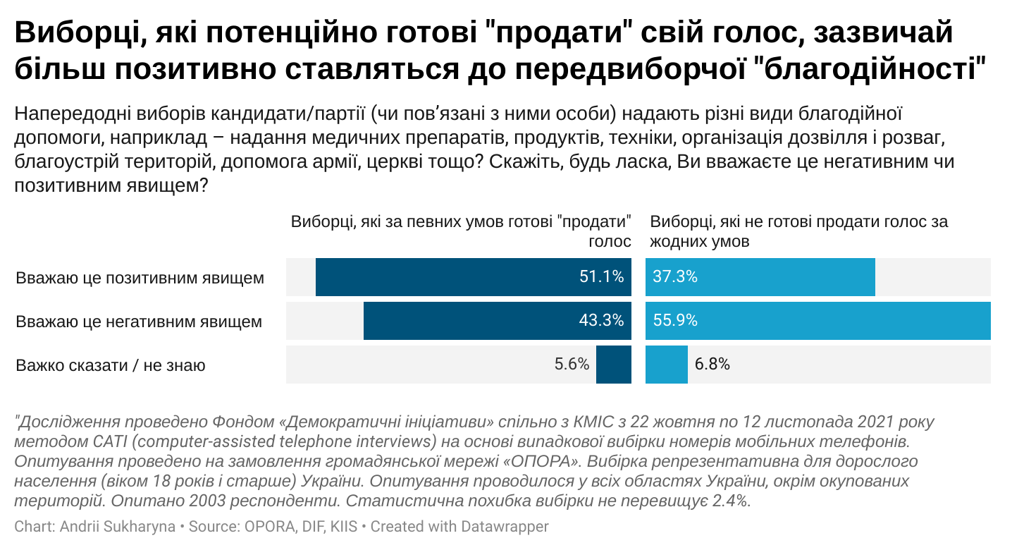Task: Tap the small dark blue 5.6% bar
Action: (x=613, y=365)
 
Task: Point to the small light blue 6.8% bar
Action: (x=667, y=365)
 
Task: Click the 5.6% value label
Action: (x=572, y=365)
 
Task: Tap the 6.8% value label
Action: (x=712, y=365)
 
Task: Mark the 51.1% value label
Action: (x=601, y=277)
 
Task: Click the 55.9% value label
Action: (x=675, y=322)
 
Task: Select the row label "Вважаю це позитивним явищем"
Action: (x=140, y=278)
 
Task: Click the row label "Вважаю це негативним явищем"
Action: (x=139, y=322)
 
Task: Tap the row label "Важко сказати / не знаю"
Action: (x=111, y=366)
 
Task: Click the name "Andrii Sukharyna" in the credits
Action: (x=118, y=527)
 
